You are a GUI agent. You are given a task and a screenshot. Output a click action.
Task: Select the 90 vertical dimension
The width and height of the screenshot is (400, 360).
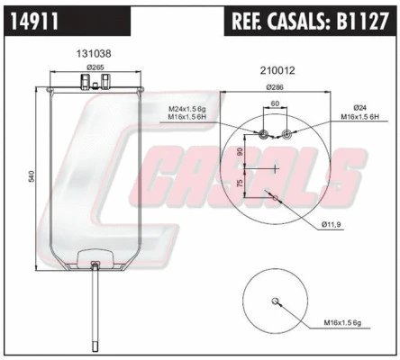[240, 152]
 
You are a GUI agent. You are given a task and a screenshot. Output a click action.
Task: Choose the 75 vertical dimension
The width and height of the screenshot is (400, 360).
[240, 183]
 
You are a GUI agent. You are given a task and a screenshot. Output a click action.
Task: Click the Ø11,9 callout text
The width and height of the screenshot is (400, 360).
[332, 223]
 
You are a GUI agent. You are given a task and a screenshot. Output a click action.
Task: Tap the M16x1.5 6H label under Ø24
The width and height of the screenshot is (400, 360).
[359, 118]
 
